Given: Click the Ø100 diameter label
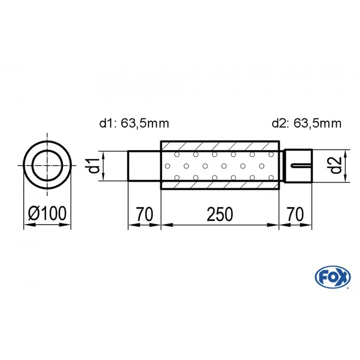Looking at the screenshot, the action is [x=47, y=213].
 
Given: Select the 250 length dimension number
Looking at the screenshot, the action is [x=220, y=214].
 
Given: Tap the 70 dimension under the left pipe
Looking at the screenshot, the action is [x=144, y=214].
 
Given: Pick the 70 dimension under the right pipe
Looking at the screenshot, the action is [x=295, y=214].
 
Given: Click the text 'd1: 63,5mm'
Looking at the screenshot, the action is [x=134, y=123].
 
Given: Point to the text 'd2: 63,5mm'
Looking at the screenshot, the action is [x=306, y=123].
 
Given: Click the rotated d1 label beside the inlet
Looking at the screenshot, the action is [x=94, y=166].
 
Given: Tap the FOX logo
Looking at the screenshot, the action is [x=333, y=277].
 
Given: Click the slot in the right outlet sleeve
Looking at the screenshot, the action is [x=301, y=166].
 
